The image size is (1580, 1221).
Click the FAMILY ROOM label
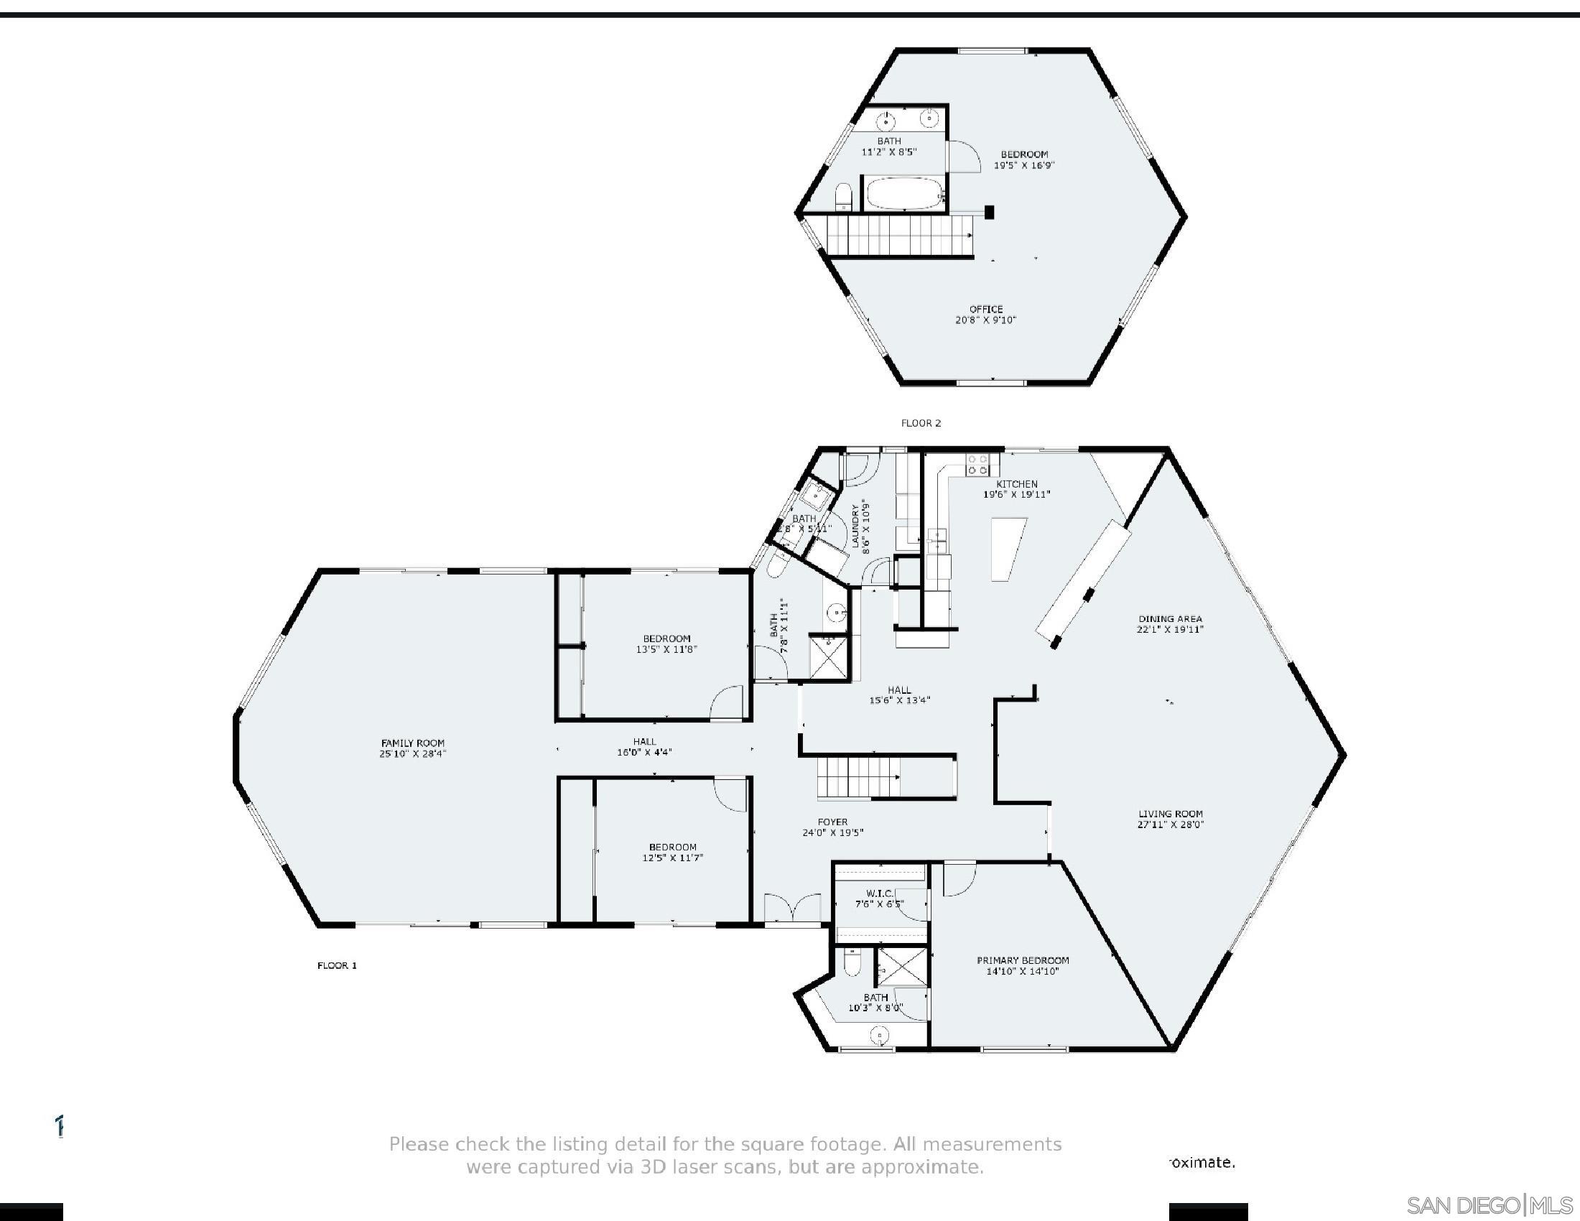point(412,743)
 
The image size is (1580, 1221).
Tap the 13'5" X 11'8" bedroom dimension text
point(666,649)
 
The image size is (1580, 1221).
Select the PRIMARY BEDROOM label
point(1022,960)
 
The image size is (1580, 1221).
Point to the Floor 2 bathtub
point(904,194)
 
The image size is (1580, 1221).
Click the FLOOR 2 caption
point(920,423)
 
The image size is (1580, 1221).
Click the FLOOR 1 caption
point(337,965)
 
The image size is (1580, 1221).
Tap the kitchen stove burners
point(978,465)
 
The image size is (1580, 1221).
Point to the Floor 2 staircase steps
point(897,236)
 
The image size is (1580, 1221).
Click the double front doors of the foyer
point(793,909)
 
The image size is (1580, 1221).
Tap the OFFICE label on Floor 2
point(985,309)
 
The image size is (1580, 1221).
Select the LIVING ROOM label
point(1170,814)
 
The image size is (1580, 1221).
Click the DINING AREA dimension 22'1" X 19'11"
point(1170,629)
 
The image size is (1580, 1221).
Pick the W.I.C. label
point(879,894)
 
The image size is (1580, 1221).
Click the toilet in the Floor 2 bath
point(844,197)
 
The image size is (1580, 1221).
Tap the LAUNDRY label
point(856,525)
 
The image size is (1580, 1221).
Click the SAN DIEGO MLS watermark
point(1489,1206)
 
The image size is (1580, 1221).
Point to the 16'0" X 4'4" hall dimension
point(644,752)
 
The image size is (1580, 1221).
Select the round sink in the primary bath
point(879,1036)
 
